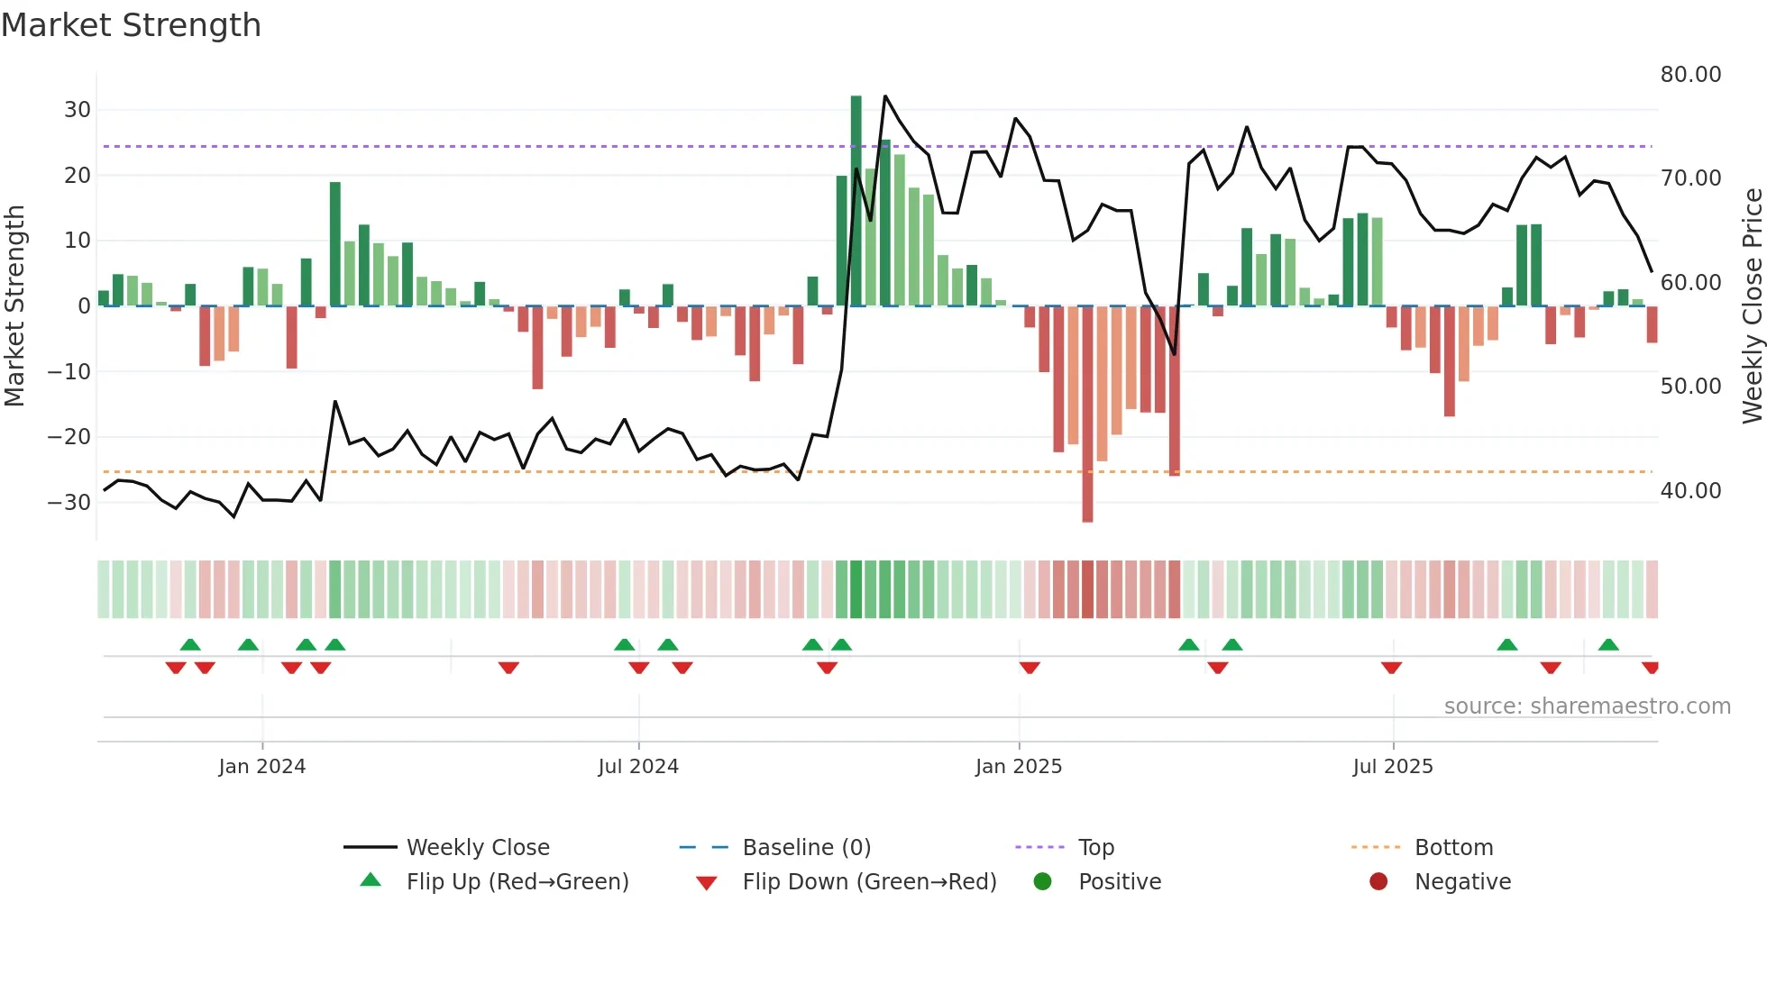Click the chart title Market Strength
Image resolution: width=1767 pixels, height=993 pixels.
tap(132, 25)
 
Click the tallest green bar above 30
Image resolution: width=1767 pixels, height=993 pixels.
tap(856, 200)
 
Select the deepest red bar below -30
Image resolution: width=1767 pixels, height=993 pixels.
tap(1087, 414)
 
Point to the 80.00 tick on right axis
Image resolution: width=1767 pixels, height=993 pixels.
tap(1690, 75)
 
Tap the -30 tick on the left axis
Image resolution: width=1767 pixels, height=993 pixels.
tap(69, 503)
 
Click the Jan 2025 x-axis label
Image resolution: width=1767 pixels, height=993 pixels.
tap(1019, 767)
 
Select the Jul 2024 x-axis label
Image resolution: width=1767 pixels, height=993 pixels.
tap(638, 767)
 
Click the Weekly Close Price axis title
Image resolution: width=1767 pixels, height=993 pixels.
tap(1752, 305)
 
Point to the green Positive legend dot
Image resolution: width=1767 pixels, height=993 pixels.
tap(1043, 882)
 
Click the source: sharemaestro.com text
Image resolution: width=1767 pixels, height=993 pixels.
tap(1587, 706)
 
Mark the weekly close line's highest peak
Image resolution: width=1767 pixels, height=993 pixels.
tap(885, 96)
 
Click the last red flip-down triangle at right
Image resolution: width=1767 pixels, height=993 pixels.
tap(1650, 668)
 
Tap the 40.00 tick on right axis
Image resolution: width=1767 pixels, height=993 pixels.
tap(1690, 491)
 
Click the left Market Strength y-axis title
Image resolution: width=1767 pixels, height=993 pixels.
tap(15, 305)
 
